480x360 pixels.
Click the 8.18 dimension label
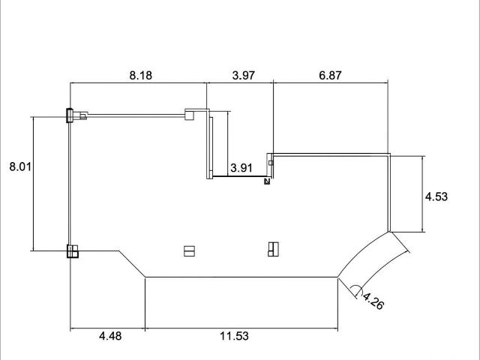[139, 75]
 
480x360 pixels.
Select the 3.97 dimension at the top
[244, 75]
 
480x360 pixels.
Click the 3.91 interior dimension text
[241, 168]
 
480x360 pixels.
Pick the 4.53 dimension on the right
[436, 197]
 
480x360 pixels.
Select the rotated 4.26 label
[373, 302]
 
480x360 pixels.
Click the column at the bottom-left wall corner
[73, 251]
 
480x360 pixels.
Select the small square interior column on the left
[189, 251]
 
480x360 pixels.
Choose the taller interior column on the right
[273, 249]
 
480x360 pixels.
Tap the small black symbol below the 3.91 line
[266, 181]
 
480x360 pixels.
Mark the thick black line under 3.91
[238, 178]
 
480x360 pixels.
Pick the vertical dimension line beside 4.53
[424, 193]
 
